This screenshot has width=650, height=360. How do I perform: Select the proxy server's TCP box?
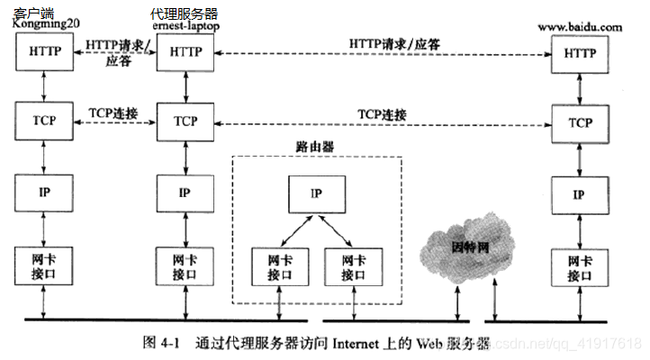click(x=185, y=121)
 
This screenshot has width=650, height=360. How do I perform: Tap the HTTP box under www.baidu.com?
click(x=580, y=54)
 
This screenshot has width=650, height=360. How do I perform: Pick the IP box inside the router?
click(x=314, y=193)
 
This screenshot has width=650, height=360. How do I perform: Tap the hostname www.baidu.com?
click(x=580, y=28)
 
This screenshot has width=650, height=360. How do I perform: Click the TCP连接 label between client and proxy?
click(x=113, y=112)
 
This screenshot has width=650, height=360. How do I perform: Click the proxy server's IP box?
click(x=185, y=192)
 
